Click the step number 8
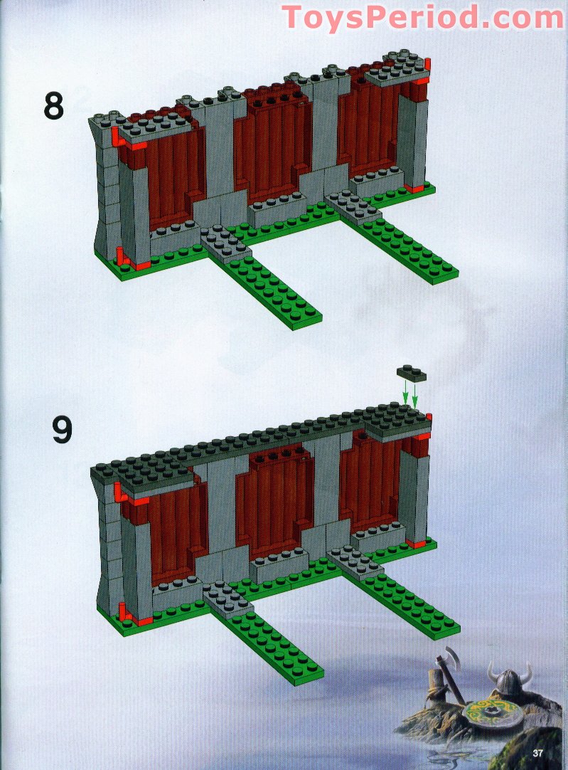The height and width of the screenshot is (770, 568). [x=53, y=107]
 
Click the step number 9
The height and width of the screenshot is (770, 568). [x=63, y=430]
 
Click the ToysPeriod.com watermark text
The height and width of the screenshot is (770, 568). [x=422, y=17]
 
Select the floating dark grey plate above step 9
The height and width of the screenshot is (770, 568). [x=412, y=374]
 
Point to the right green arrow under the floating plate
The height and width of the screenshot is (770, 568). [x=415, y=395]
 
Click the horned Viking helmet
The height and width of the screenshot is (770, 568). [x=510, y=680]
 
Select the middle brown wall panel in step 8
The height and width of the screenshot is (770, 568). [x=272, y=143]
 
